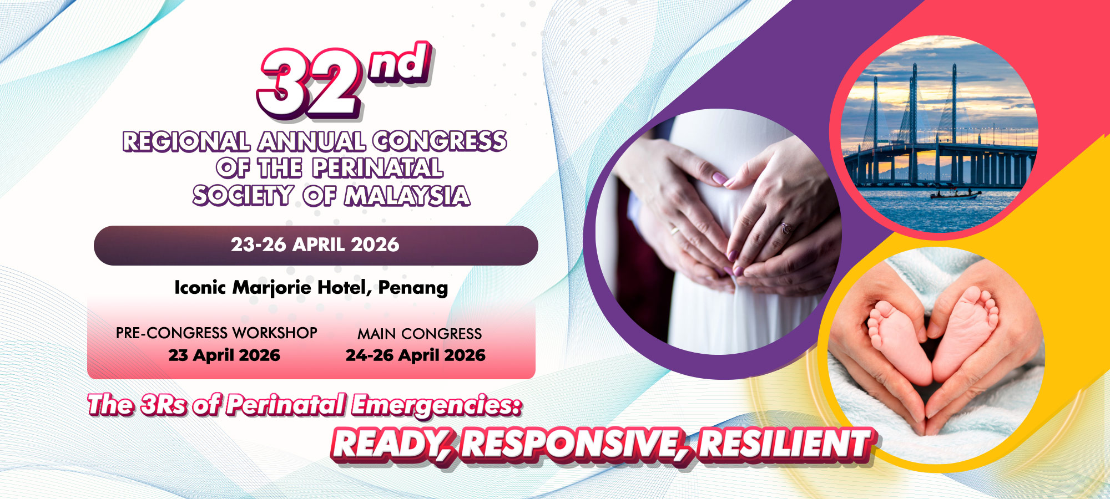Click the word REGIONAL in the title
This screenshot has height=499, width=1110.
click(186, 141)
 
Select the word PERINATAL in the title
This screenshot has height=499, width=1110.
click(377, 168)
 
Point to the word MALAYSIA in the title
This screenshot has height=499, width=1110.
click(407, 196)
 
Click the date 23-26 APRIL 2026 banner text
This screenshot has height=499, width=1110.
click(315, 245)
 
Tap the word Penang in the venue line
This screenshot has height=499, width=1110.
click(413, 288)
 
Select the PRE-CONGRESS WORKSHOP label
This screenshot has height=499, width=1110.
click(216, 333)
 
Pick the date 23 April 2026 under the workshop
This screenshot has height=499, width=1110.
click(224, 355)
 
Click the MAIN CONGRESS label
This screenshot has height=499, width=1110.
click(420, 334)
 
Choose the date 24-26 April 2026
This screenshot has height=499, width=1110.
click(416, 355)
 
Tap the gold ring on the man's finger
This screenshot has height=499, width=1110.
click(674, 230)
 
